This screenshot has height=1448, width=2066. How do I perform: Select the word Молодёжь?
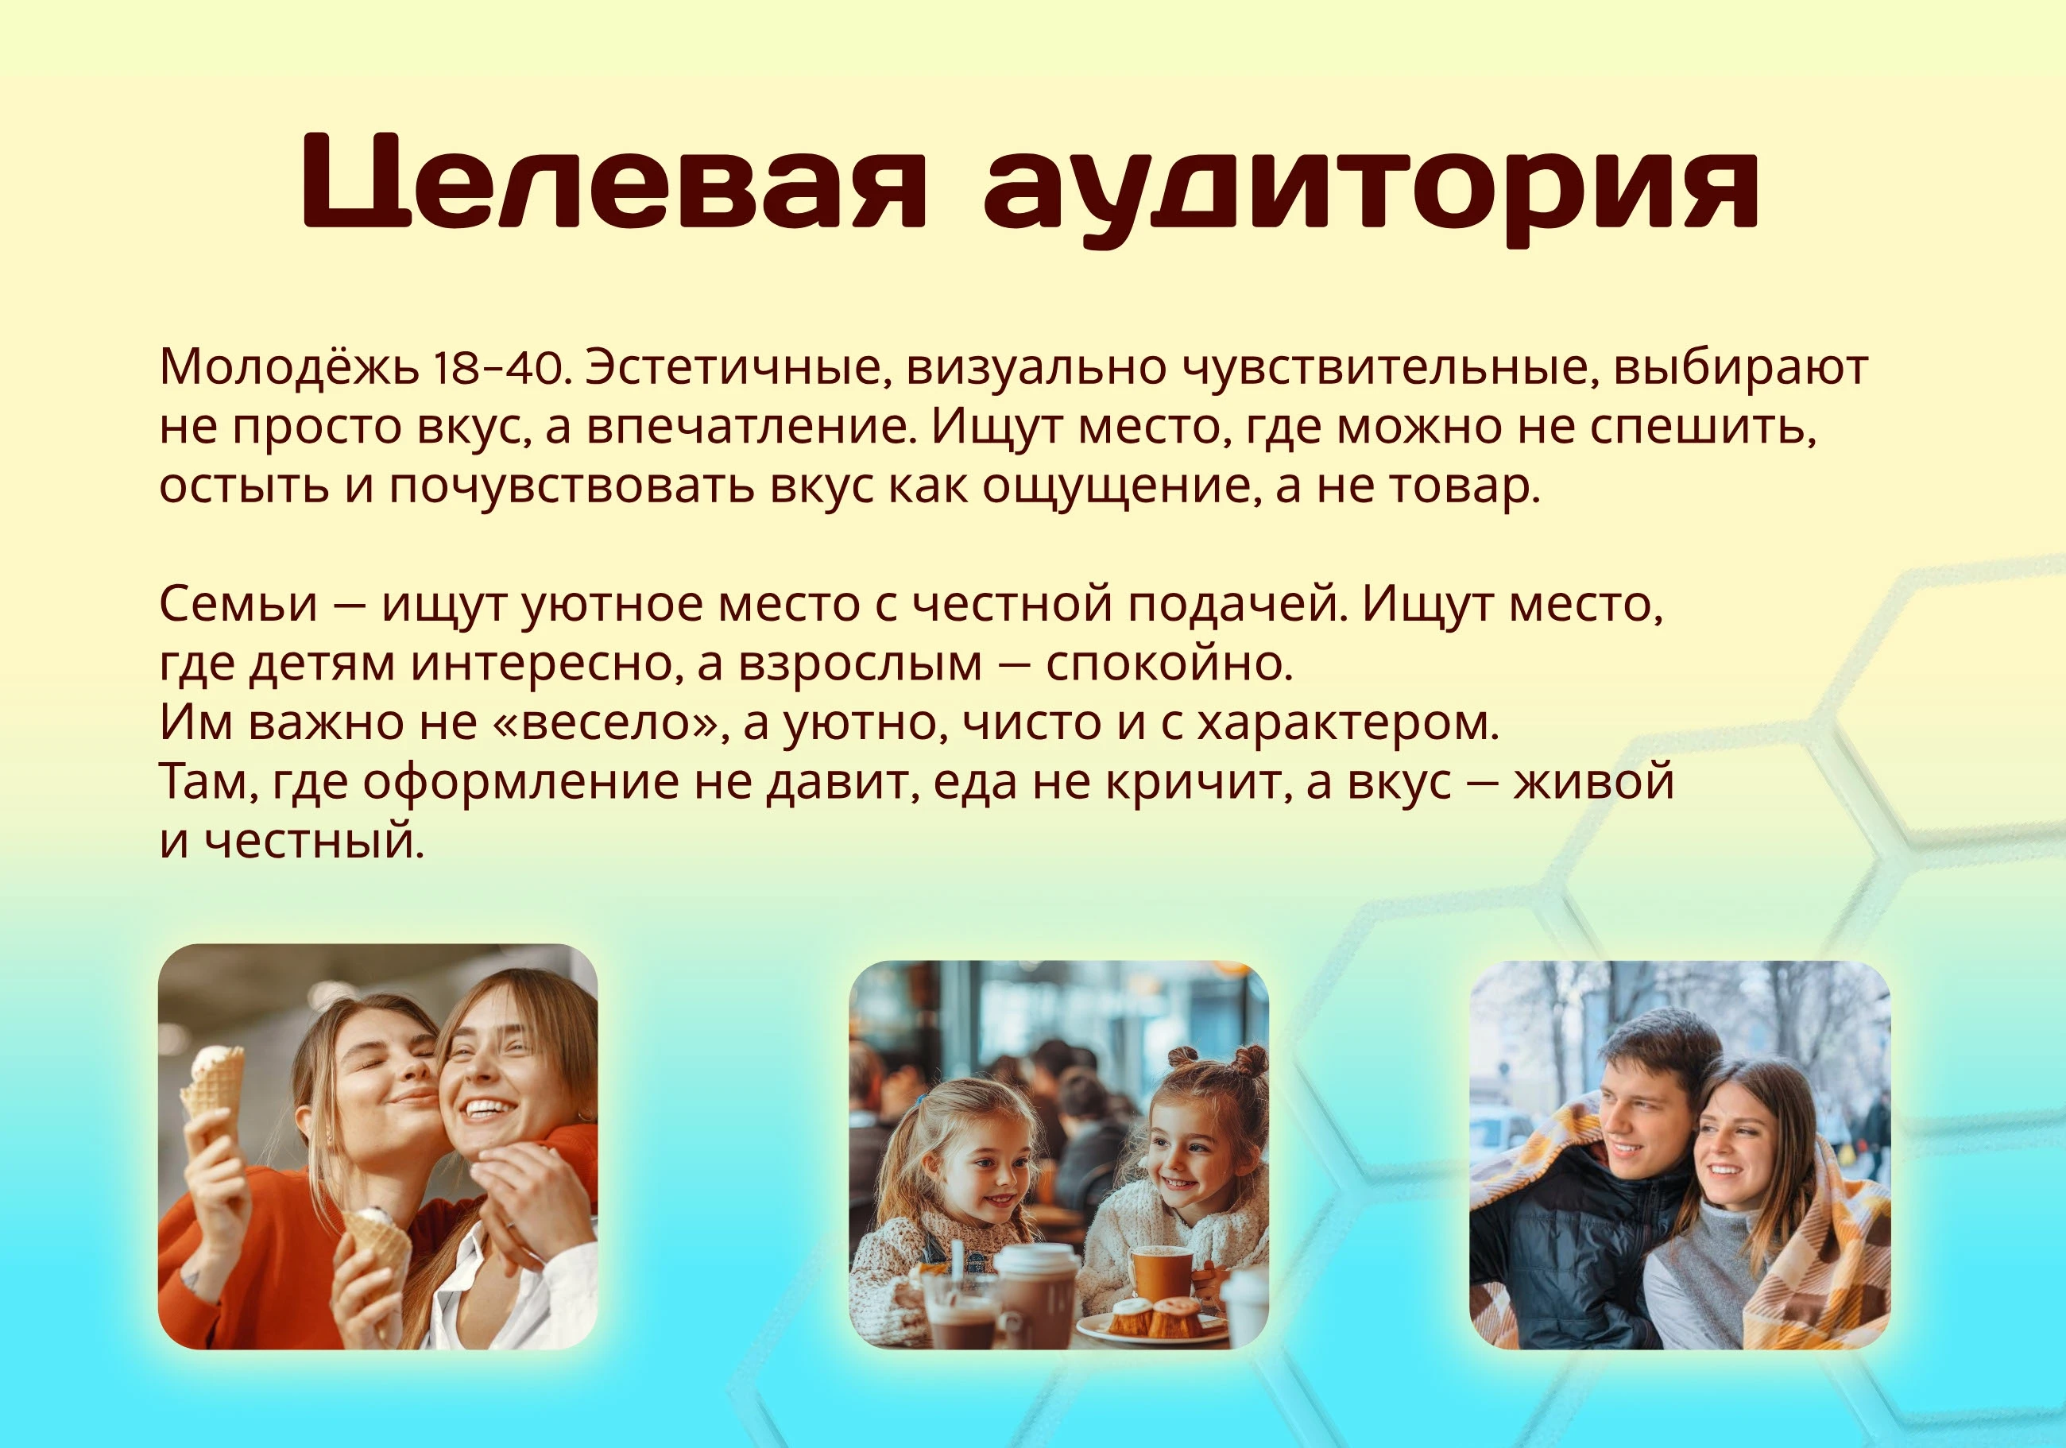click(289, 366)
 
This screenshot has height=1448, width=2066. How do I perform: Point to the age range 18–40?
click(501, 368)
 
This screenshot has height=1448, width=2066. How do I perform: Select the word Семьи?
click(238, 604)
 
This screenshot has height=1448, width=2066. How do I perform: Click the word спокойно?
click(1170, 664)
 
